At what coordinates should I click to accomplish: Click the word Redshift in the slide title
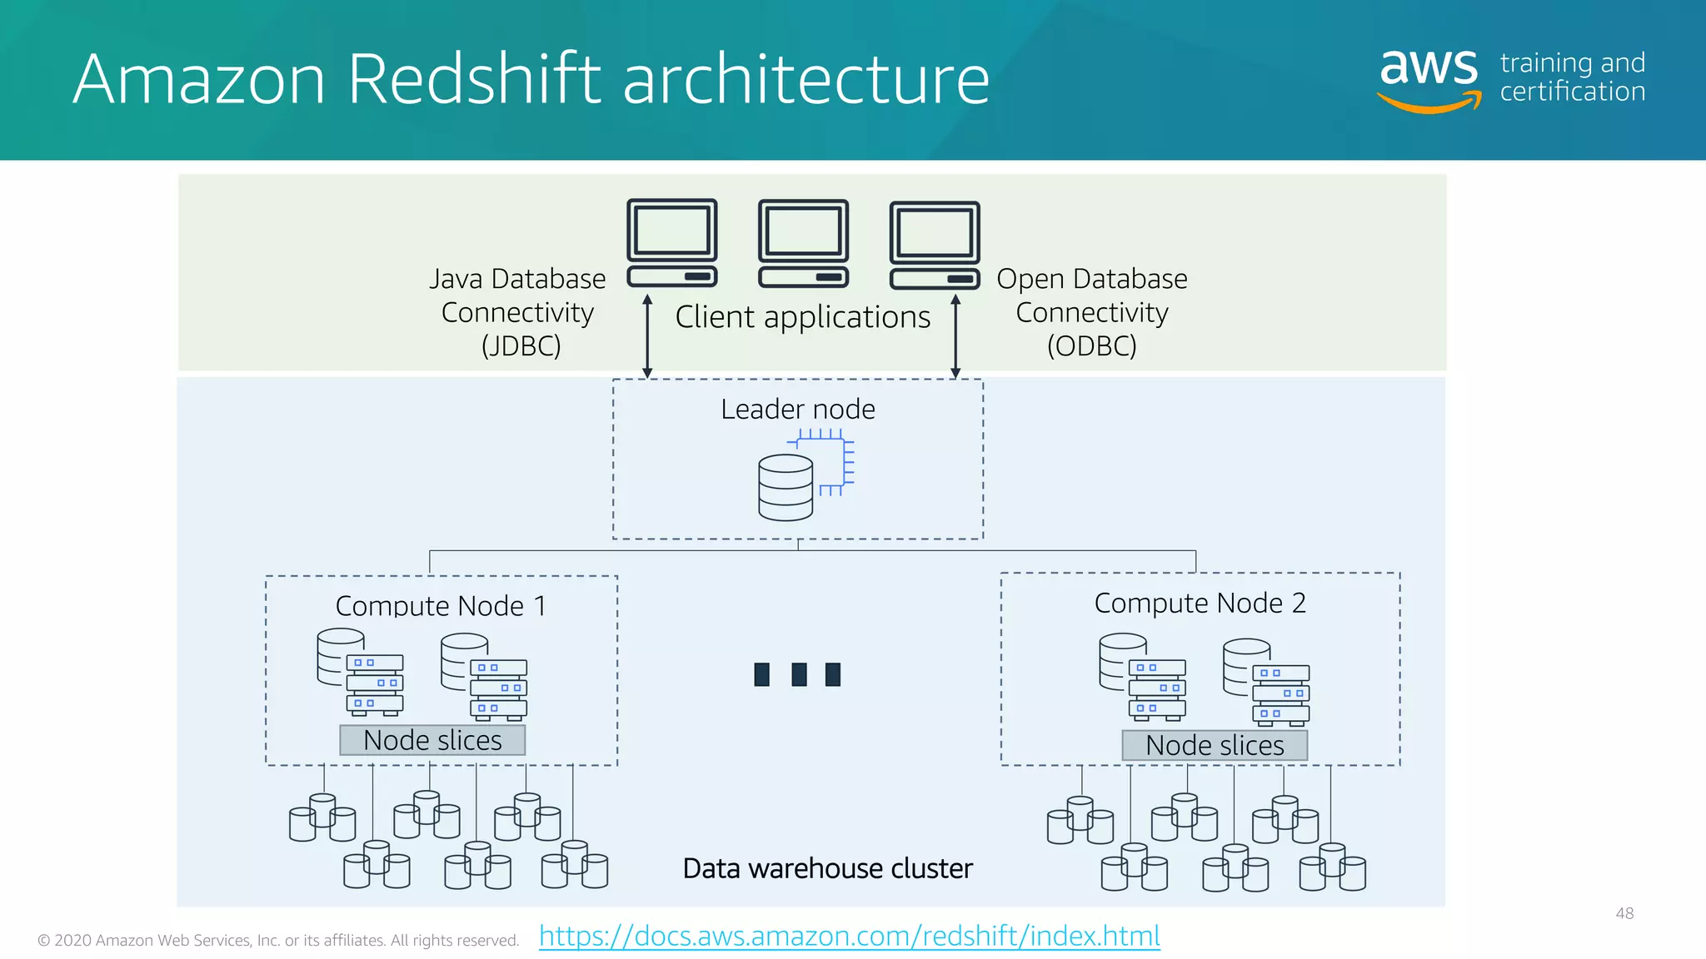click(x=473, y=79)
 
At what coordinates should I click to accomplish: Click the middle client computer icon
click(x=803, y=242)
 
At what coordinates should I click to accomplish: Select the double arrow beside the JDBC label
click(x=647, y=336)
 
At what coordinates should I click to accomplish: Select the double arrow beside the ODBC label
click(x=955, y=336)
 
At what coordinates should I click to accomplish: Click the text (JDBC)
click(x=521, y=345)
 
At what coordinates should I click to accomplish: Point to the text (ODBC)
click(x=1091, y=345)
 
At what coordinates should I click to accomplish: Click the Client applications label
click(x=802, y=317)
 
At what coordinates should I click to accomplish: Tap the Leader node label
click(x=797, y=409)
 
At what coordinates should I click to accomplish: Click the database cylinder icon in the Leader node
click(x=786, y=488)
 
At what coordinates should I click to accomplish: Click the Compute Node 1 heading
click(x=441, y=605)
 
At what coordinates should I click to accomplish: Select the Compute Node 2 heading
click(x=1200, y=603)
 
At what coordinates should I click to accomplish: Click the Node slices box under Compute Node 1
click(x=432, y=740)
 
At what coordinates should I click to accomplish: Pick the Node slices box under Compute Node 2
click(x=1215, y=745)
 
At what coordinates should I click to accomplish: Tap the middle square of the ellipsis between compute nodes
click(x=799, y=673)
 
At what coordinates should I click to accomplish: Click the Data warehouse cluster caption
click(x=827, y=868)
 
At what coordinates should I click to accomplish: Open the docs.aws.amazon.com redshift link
click(x=849, y=936)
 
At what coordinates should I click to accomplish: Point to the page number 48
click(x=1624, y=913)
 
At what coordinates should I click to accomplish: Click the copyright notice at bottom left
click(x=278, y=940)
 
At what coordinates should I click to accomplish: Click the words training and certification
click(x=1572, y=77)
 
